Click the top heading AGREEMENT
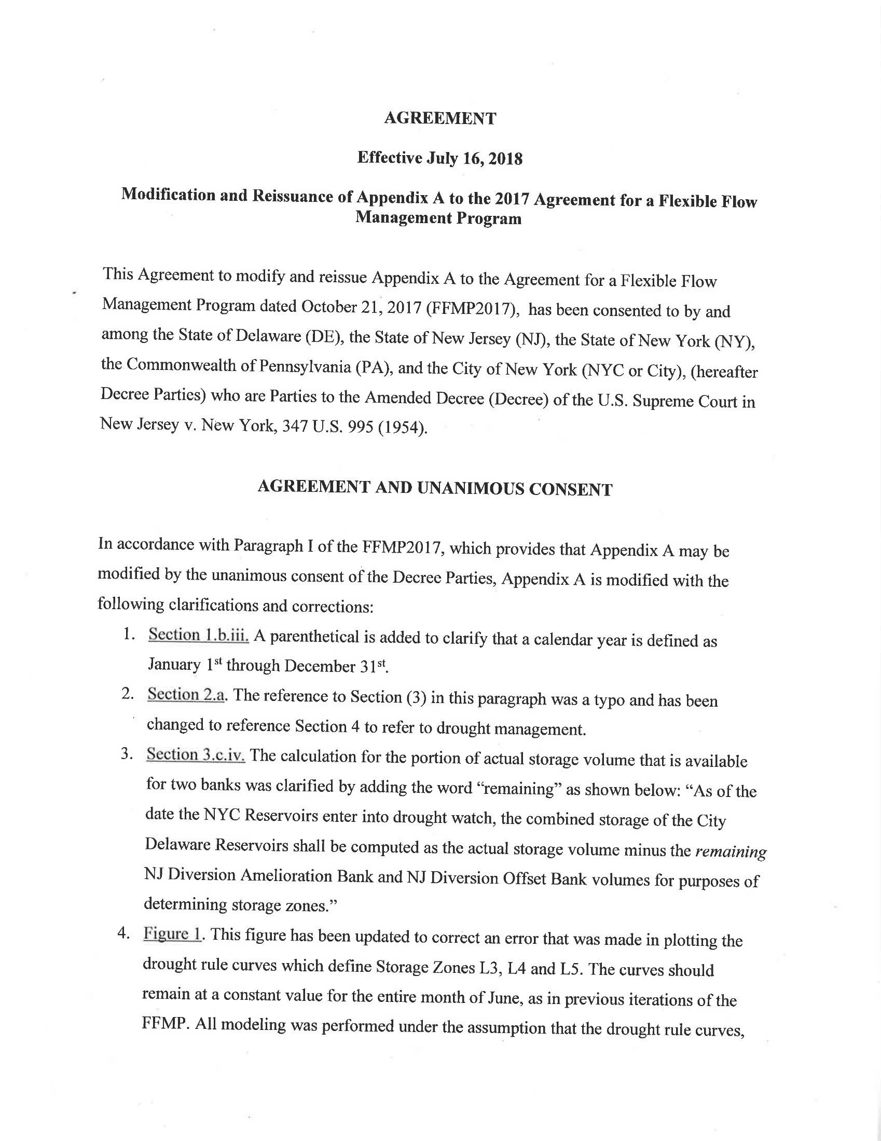(x=440, y=119)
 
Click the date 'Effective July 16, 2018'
(x=440, y=158)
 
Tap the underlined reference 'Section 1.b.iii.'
(x=199, y=635)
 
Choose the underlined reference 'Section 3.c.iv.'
(x=196, y=754)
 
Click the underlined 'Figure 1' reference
(x=172, y=933)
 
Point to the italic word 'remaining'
(x=731, y=851)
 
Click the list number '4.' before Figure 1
(x=123, y=933)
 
